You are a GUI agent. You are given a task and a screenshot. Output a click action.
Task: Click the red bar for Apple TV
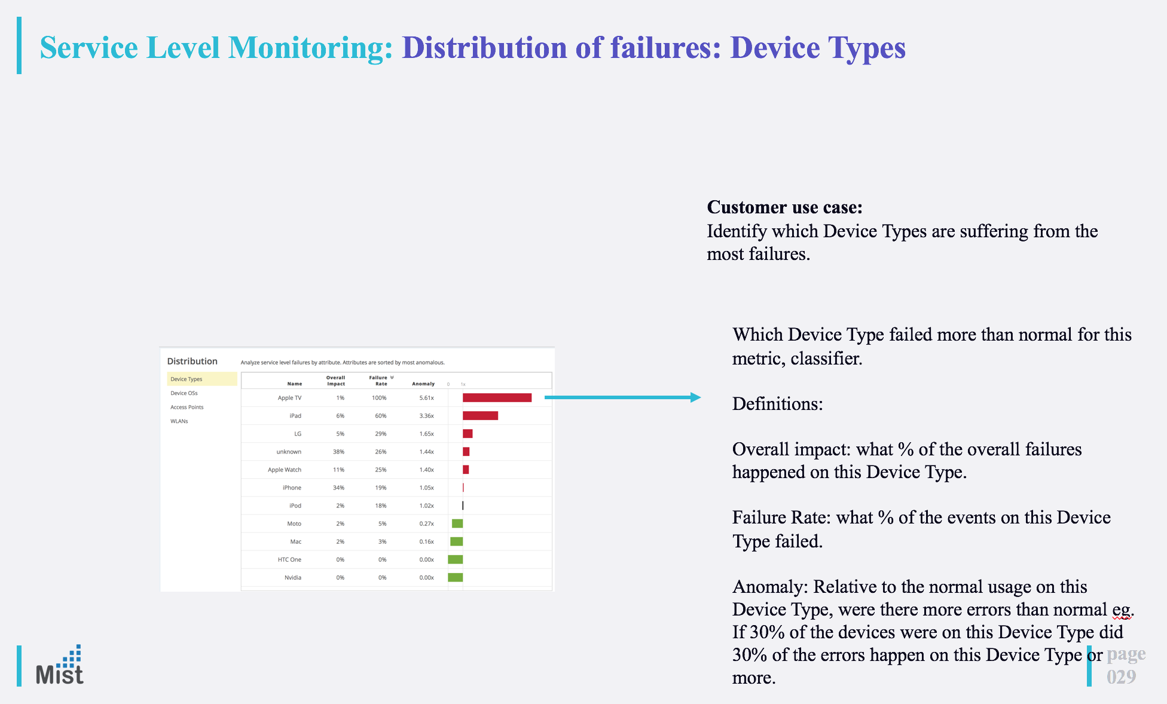pos(497,397)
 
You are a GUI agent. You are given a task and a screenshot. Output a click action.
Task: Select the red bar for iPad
pos(480,415)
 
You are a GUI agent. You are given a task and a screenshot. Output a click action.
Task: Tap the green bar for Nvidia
pos(456,577)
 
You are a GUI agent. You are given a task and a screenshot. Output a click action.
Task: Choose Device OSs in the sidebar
pos(184,393)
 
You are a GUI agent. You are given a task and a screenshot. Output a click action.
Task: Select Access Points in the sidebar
pos(187,407)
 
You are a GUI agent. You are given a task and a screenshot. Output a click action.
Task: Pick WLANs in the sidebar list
pos(179,421)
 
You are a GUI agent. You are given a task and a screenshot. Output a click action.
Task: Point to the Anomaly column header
pos(423,384)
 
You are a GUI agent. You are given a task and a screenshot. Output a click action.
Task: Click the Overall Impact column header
pos(335,381)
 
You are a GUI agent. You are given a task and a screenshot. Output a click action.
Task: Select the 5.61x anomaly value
pos(426,398)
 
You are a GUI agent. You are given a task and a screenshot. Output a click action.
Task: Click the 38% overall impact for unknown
pos(338,452)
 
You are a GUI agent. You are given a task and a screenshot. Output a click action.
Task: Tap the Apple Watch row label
pos(285,470)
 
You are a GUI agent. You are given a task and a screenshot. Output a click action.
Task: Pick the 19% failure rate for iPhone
pos(381,488)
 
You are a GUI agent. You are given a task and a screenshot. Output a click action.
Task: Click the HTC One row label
pos(289,559)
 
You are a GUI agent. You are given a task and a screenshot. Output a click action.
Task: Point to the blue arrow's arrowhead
pos(696,397)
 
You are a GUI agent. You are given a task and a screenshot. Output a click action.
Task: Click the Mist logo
pos(60,666)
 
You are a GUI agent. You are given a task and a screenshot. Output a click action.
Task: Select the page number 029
pos(1121,677)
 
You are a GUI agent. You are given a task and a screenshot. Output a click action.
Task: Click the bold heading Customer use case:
pos(785,207)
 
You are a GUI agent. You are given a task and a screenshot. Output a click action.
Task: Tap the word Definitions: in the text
pos(778,404)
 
